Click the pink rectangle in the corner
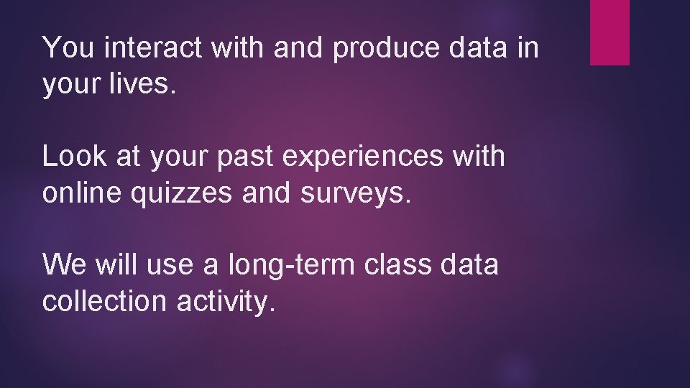[609, 32]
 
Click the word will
[116, 264]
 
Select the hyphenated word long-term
[291, 265]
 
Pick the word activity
[226, 302]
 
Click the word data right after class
[471, 264]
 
